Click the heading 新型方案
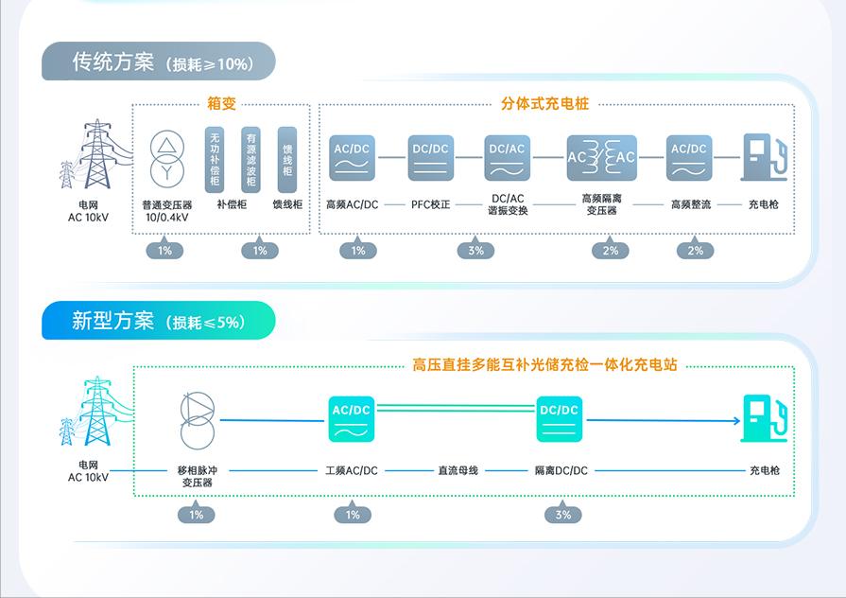[112, 321]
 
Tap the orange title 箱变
[221, 104]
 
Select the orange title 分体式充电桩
[544, 104]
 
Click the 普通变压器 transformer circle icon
[166, 157]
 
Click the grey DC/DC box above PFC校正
[431, 157]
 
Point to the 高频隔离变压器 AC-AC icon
[601, 157]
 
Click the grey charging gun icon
[764, 157]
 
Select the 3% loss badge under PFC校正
[475, 251]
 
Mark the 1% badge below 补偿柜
[260, 251]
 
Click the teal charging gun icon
[764, 418]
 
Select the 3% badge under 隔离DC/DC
[563, 515]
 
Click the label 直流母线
[458, 470]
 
